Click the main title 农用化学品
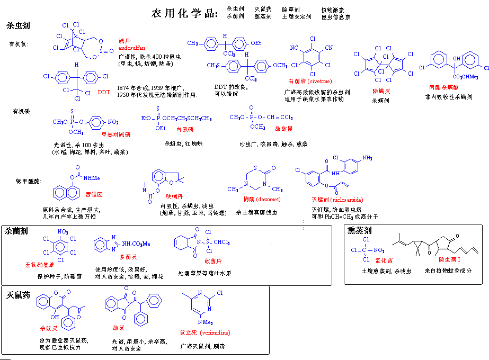[184, 14]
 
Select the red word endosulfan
[132, 48]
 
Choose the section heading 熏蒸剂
[360, 231]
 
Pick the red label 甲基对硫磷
[116, 135]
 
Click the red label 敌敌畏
[283, 129]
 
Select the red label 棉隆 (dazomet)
[262, 199]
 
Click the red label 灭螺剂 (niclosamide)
[337, 200]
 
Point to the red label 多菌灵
[128, 256]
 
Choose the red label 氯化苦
[384, 260]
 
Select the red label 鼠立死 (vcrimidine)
[205, 333]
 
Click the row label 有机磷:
[22, 111]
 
